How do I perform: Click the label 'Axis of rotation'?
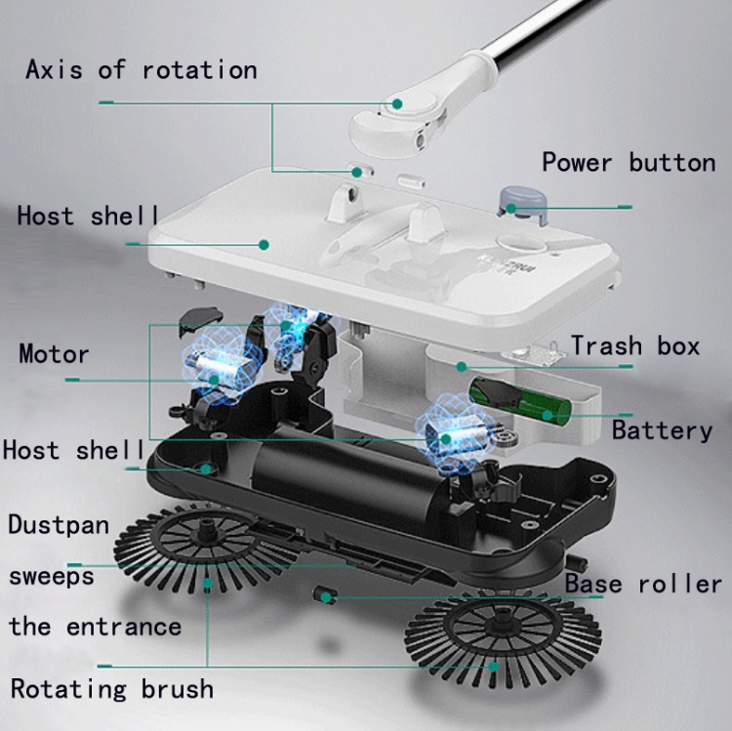click(x=142, y=70)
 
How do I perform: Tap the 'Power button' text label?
click(x=629, y=162)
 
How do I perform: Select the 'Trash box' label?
click(x=635, y=345)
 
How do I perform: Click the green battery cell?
click(x=520, y=401)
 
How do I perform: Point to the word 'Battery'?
click(x=662, y=430)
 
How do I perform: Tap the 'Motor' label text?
click(x=54, y=354)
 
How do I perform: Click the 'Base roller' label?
click(x=643, y=584)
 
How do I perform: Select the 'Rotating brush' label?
click(x=112, y=689)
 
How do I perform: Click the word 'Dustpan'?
click(x=59, y=525)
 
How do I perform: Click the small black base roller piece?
click(x=325, y=595)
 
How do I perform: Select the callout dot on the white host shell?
click(x=264, y=245)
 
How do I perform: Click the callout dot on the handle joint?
click(x=397, y=103)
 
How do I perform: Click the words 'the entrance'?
click(x=96, y=627)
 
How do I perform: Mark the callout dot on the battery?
click(x=548, y=415)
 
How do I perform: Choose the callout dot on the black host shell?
click(x=205, y=469)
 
